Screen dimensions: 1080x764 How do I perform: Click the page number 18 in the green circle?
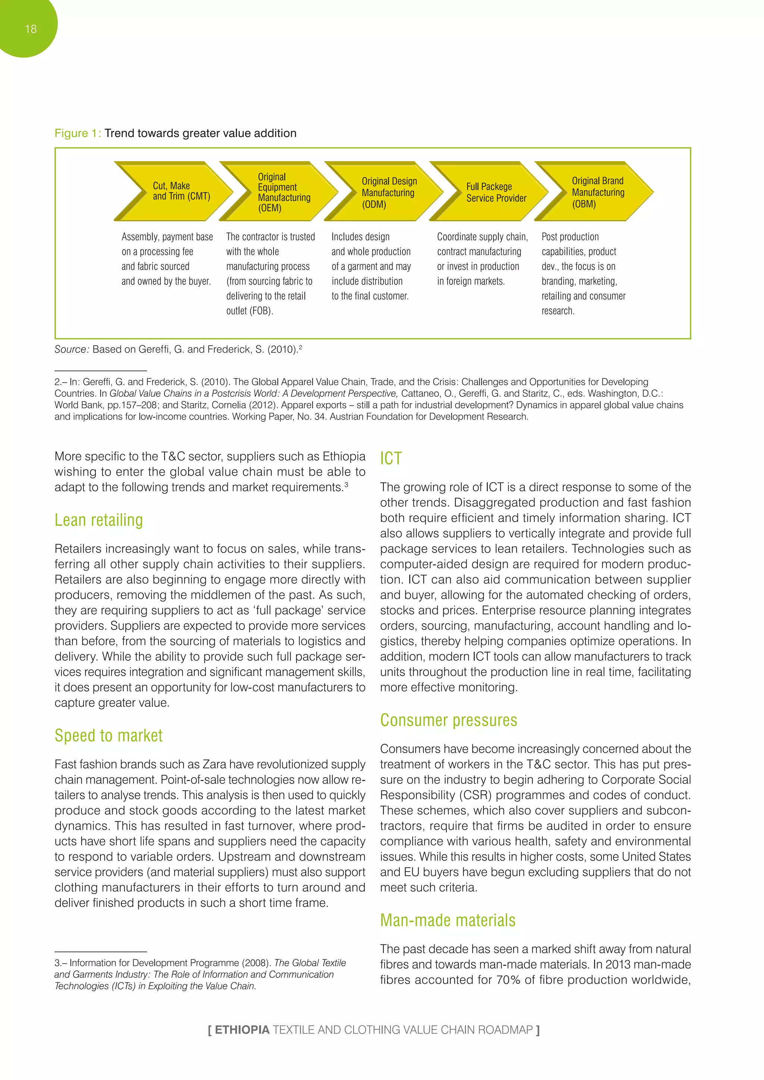(31, 29)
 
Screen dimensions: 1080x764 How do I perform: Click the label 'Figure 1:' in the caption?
(78, 133)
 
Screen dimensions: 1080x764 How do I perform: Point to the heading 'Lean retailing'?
(99, 520)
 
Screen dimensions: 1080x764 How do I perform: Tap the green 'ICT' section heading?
(391, 458)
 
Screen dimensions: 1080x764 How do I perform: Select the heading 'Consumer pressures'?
(448, 720)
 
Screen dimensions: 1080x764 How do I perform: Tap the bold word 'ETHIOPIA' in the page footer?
(242, 1030)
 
